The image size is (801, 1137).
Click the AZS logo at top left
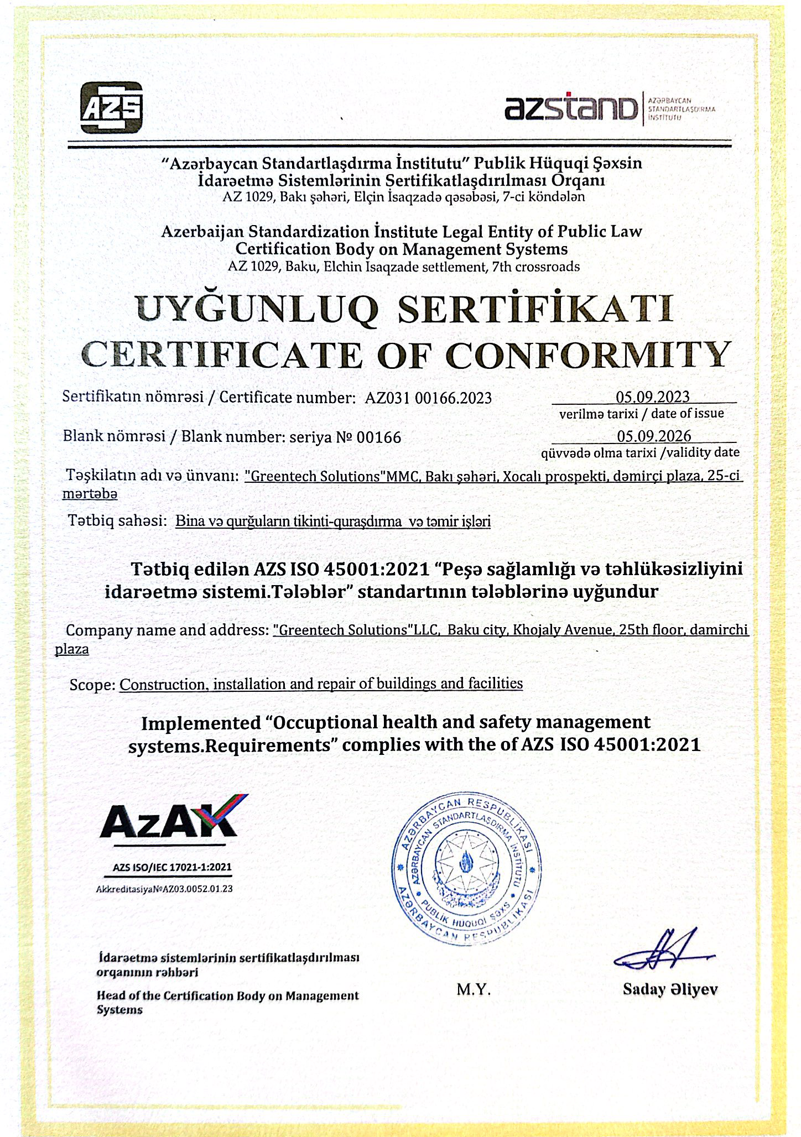(111, 107)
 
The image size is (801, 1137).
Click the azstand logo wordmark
(570, 108)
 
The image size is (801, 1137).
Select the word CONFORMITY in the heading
(588, 354)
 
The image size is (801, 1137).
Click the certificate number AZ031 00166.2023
(428, 398)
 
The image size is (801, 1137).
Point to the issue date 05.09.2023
(653, 397)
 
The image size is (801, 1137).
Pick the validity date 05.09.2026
(654, 436)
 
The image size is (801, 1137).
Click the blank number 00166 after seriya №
(379, 438)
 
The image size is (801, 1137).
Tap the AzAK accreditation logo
(173, 817)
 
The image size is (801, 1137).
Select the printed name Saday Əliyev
(670, 989)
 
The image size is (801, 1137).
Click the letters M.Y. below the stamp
(474, 989)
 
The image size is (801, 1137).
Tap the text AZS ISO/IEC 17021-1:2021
(172, 867)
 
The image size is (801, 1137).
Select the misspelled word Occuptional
(325, 722)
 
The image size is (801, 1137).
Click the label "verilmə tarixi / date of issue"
(641, 414)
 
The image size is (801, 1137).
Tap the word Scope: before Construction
(92, 685)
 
